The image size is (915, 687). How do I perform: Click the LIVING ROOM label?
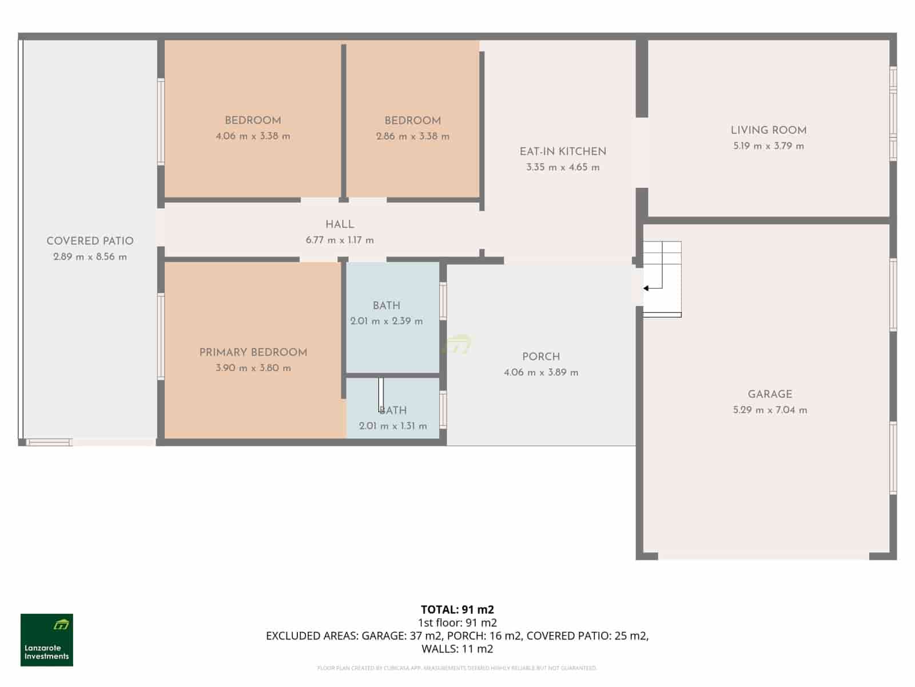click(769, 131)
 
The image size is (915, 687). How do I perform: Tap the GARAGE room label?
click(770, 394)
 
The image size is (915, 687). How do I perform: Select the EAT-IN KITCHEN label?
click(563, 152)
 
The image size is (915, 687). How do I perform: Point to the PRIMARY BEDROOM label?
click(253, 353)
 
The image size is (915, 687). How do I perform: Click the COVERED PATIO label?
click(90, 242)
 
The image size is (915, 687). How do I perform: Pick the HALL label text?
click(340, 225)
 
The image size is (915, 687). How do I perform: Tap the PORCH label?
click(541, 357)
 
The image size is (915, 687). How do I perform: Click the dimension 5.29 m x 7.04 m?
click(770, 410)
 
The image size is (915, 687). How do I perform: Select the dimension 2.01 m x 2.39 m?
click(387, 321)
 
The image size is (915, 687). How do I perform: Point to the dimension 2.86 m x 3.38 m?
click(412, 136)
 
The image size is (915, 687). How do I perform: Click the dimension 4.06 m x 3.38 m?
click(253, 136)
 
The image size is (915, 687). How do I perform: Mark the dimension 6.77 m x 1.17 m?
click(340, 240)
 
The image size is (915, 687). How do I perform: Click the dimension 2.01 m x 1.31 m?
click(393, 426)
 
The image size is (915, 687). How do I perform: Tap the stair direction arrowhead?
click(646, 289)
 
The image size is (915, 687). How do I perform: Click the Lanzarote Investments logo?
click(47, 640)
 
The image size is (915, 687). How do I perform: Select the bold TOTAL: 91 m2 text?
click(457, 610)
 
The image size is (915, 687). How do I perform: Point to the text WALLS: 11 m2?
click(457, 649)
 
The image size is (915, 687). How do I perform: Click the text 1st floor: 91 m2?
click(457, 623)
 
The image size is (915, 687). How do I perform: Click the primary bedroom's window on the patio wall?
click(161, 336)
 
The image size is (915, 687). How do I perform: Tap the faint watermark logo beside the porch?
click(457, 345)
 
